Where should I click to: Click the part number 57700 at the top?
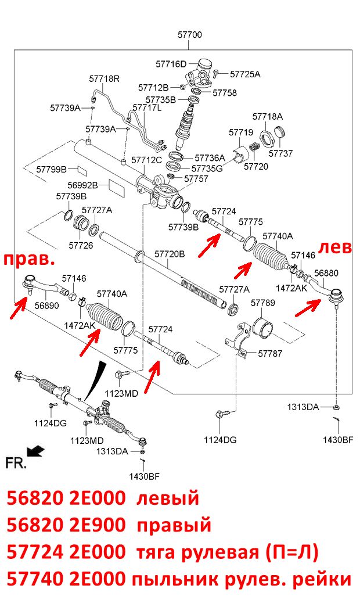tap(190, 35)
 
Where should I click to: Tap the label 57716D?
tap(171, 64)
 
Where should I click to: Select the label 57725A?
tap(245, 74)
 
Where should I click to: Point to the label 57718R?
tap(104, 78)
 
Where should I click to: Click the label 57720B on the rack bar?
tap(170, 254)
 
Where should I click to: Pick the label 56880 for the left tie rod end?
tap(326, 273)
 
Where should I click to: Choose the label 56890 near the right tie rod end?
tap(46, 306)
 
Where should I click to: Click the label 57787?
tap(270, 354)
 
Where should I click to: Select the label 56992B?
tap(82, 185)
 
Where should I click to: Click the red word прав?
tap(30, 259)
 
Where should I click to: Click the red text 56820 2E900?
tap(66, 525)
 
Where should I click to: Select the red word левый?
tap(168, 499)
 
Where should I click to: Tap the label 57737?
tap(280, 153)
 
